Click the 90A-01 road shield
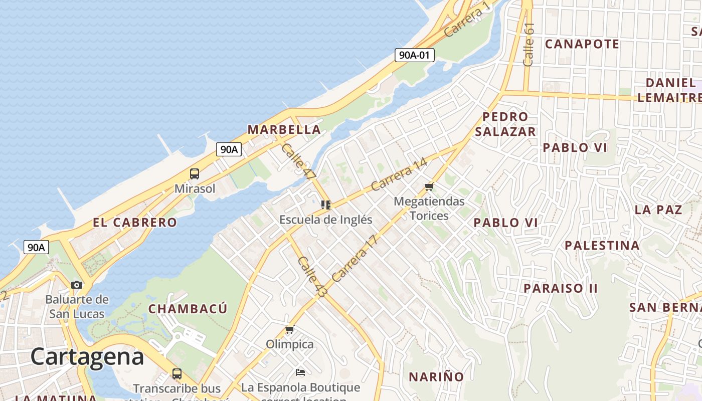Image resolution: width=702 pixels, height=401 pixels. tap(414, 55)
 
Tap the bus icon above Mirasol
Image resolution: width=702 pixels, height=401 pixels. tap(195, 174)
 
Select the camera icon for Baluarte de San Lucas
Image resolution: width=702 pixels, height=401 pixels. tap(77, 285)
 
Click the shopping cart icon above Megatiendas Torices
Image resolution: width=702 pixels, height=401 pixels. tap(429, 186)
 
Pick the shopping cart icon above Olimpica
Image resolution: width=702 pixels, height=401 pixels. tap(289, 329)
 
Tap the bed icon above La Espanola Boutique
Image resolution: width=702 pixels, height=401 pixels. tap(300, 372)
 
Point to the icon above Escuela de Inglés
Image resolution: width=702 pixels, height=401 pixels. tap(326, 205)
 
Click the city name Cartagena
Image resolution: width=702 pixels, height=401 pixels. tap(87, 357)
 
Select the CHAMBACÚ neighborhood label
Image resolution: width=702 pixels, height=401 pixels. tap(188, 309)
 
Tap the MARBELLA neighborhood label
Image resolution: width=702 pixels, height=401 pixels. tap(284, 129)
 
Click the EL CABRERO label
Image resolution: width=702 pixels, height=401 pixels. tap(135, 223)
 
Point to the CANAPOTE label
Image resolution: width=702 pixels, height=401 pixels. tap(582, 44)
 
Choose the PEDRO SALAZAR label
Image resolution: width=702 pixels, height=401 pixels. tap(505, 124)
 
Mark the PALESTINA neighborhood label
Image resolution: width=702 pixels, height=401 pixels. tap(602, 246)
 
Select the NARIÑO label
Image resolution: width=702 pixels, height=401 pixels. tap(436, 377)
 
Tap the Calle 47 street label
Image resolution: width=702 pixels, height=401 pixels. tap(299, 162)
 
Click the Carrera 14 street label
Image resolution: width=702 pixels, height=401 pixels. tap(399, 174)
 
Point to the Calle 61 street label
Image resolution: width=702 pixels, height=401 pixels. tap(529, 44)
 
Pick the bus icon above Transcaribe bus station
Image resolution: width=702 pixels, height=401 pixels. tap(177, 373)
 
